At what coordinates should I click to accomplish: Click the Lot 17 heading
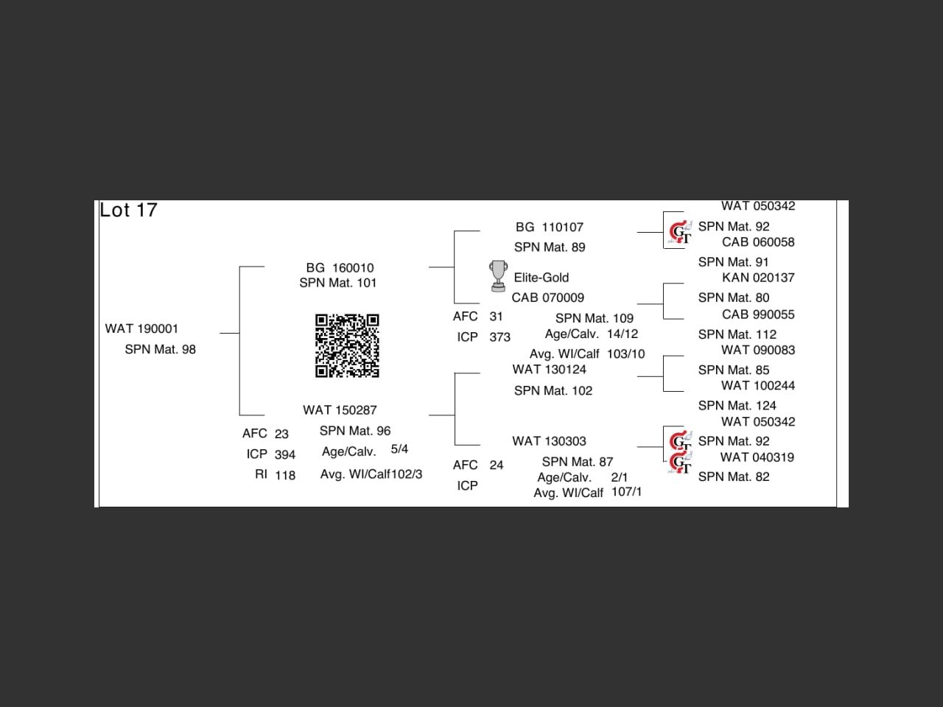128,211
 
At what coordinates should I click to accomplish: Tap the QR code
347,345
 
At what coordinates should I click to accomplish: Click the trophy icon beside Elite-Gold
498,275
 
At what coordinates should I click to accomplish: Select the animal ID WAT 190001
141,328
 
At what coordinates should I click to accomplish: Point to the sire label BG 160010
340,267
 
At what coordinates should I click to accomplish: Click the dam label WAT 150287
340,409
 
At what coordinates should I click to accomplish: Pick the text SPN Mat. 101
337,283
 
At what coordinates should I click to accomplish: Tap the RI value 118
285,475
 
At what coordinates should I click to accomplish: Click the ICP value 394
285,454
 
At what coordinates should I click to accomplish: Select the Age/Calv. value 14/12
623,334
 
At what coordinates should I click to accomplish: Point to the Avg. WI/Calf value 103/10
625,353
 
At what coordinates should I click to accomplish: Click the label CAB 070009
547,298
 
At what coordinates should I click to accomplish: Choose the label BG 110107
549,227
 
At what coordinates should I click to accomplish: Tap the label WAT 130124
549,369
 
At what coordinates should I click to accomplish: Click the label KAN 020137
758,278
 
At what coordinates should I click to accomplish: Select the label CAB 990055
758,314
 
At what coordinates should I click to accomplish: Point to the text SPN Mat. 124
737,405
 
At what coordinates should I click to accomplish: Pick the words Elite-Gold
541,278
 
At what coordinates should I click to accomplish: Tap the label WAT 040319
757,457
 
